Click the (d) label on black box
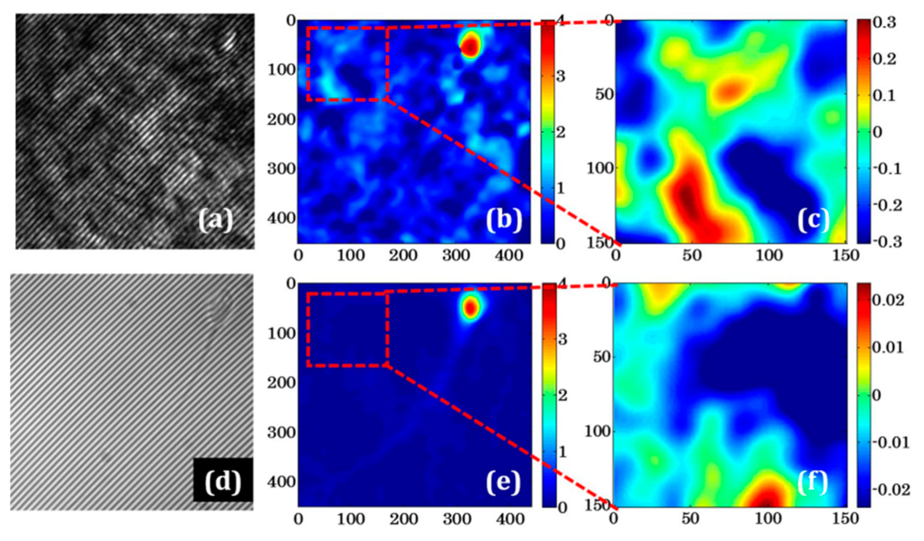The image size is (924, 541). coord(223,481)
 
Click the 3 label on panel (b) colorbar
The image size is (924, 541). coord(561,77)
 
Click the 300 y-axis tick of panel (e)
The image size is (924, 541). coord(281,433)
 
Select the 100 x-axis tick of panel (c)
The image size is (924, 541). coord(769,255)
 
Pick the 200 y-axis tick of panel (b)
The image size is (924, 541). coord(281,120)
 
